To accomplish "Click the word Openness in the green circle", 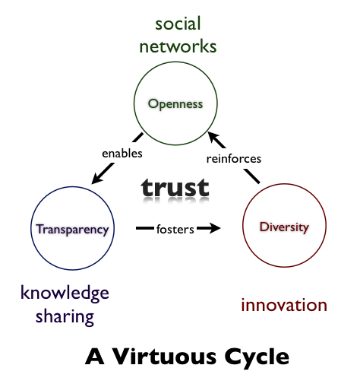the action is coord(175,104).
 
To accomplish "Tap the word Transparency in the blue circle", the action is coord(72,230).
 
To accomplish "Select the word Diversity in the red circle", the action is coord(284,227).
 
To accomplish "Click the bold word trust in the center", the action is coord(175,188).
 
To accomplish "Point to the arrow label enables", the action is coord(122,154).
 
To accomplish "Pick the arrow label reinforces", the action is coord(234,159).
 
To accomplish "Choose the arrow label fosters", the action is coord(175,230).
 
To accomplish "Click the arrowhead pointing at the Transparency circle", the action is coord(96,179).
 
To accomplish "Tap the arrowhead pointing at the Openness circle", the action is coord(213,137).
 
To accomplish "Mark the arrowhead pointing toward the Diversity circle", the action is coord(214,228).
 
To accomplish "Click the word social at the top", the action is coord(178,24).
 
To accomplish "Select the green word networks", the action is coord(178,46).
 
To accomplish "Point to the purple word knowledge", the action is coord(65,294).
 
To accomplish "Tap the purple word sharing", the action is coord(65,317).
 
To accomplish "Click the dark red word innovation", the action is coord(284,305).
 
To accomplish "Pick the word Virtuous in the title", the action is coord(164,357).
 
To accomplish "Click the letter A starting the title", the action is coord(94,357).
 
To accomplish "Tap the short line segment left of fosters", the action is coord(145,228).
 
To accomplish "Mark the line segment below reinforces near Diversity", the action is coord(252,176).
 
